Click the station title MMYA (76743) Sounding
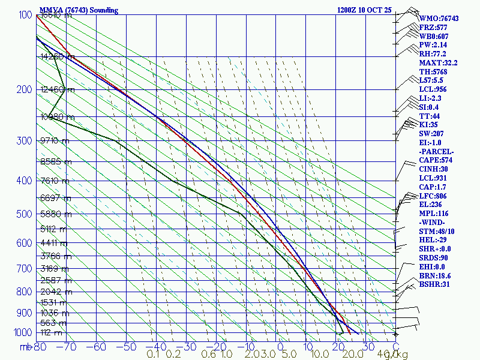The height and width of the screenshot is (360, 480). pos(79,10)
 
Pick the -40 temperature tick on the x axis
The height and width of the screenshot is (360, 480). pos(156,347)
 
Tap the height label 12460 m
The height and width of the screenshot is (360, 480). pos(58,90)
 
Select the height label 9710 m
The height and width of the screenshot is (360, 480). pos(56,140)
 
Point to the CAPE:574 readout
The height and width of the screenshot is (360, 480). pos(436,160)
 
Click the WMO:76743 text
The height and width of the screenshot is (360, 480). pos(439,19)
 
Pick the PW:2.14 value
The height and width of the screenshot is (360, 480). pos(433,45)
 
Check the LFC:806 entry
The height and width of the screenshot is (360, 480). pos(433,196)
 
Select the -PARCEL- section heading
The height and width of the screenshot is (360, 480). pos(436,151)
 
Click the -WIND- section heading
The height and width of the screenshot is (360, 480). pos(433,222)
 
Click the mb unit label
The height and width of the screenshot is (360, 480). pos(25,347)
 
